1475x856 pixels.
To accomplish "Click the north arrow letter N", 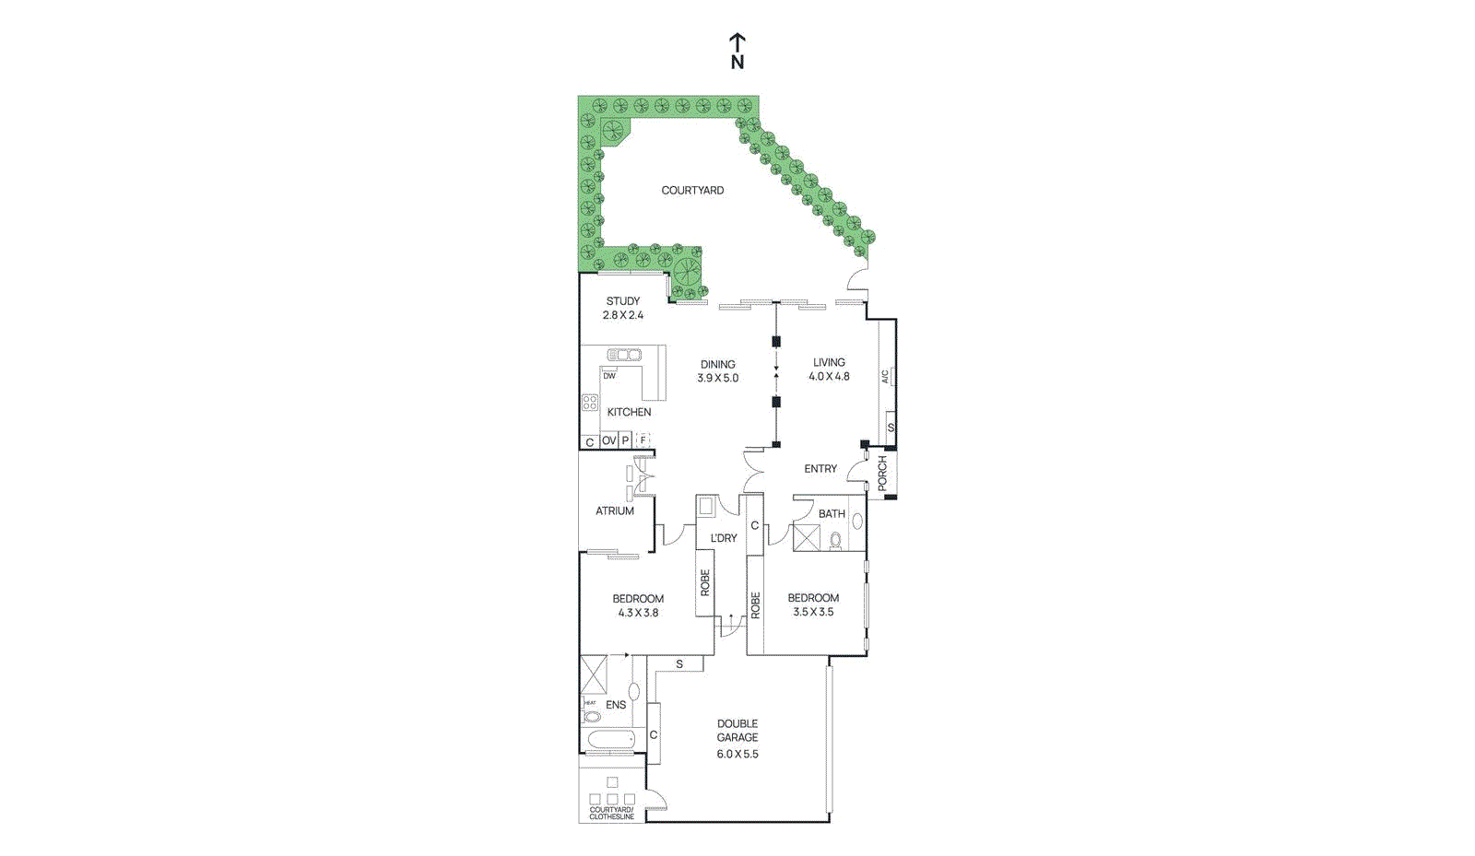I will point(737,63).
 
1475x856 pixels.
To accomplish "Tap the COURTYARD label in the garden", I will point(692,191).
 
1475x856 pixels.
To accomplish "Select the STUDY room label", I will point(623,301).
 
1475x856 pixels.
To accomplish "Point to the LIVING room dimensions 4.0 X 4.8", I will point(829,377).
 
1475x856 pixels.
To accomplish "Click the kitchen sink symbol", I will point(624,355).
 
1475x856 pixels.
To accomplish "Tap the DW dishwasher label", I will point(609,376).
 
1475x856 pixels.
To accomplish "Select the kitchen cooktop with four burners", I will point(589,402).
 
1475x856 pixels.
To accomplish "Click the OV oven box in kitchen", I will point(608,441).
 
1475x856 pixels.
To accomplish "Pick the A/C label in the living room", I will point(885,376).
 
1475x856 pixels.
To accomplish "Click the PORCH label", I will point(882,473).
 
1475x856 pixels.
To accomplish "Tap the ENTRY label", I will point(820,469).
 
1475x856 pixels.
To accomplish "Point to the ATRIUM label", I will point(615,510).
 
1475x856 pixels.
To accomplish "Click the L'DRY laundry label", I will point(724,538).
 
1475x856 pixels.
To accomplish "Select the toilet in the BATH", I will point(835,541).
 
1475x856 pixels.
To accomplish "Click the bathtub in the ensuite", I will point(611,739).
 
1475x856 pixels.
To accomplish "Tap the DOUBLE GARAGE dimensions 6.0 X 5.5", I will point(737,754).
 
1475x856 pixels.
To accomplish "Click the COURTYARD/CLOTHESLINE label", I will point(612,814).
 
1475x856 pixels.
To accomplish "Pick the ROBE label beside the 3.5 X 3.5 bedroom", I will point(755,605).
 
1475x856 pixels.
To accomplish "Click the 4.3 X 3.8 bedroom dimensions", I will point(638,613).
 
